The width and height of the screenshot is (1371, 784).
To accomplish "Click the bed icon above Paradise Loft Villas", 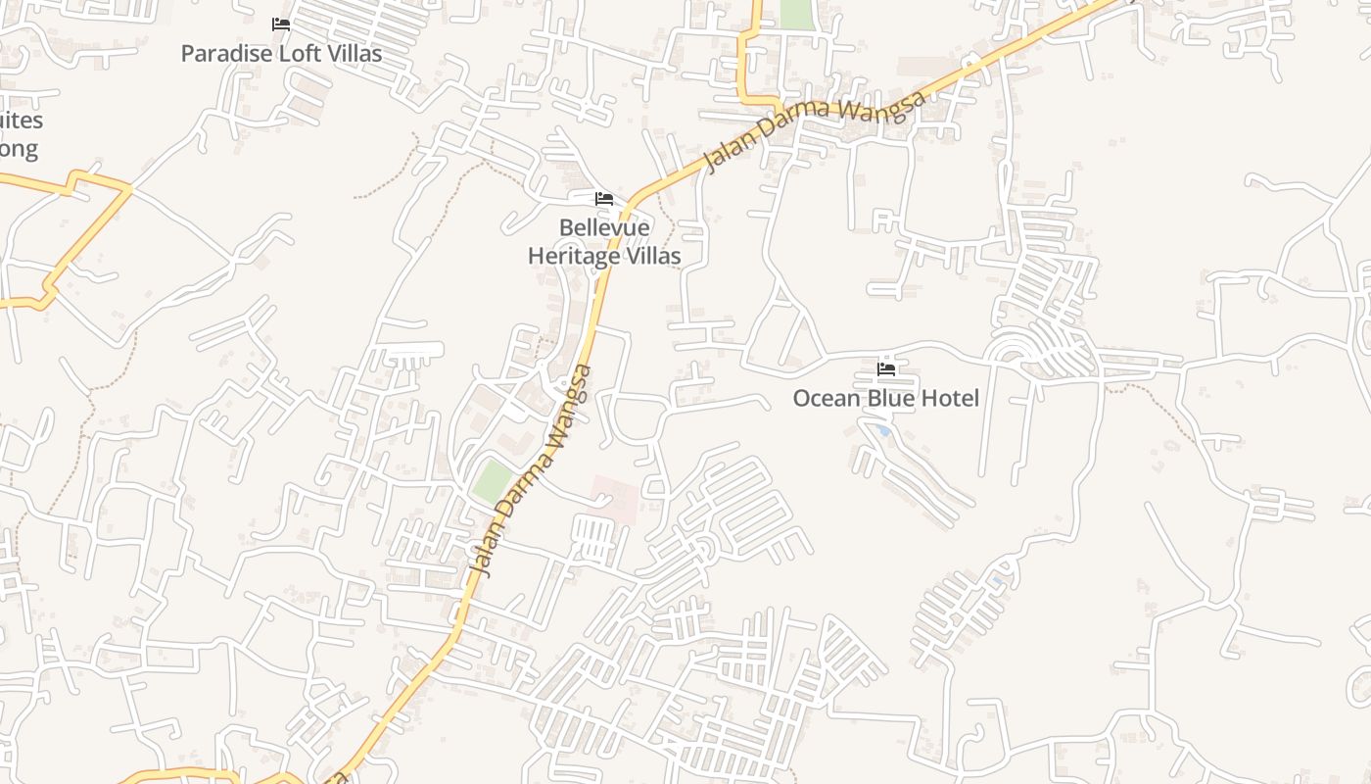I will (x=281, y=24).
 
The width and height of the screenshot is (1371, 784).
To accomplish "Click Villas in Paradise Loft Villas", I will (x=354, y=53).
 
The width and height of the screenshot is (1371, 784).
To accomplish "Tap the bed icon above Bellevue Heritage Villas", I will (x=604, y=199).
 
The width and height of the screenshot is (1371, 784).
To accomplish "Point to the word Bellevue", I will (x=604, y=228).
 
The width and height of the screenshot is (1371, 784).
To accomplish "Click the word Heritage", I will (x=574, y=257).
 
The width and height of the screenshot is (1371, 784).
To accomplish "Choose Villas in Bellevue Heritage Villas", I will (x=653, y=257).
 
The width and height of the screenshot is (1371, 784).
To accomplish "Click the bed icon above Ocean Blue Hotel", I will (x=886, y=369).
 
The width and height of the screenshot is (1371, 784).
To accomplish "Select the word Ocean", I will (x=825, y=399).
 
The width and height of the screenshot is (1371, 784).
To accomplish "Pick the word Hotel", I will (x=950, y=399).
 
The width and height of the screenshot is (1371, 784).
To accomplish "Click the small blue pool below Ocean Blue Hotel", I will (x=884, y=430).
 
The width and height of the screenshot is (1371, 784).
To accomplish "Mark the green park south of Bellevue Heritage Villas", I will (x=492, y=481).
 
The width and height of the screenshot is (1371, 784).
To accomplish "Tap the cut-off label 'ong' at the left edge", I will (x=19, y=150).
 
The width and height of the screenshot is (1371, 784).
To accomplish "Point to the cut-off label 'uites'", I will (x=22, y=121).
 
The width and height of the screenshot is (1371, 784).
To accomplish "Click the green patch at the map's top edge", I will (x=796, y=14).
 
